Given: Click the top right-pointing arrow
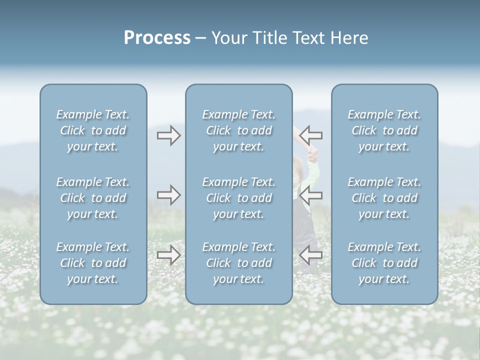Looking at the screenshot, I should pyautogui.click(x=168, y=135).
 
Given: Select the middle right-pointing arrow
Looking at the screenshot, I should pyautogui.click(x=168, y=195).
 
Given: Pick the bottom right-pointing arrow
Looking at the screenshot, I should pyautogui.click(x=168, y=255).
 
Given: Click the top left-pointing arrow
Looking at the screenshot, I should pyautogui.click(x=311, y=135).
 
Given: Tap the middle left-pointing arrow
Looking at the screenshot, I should pyautogui.click(x=311, y=195).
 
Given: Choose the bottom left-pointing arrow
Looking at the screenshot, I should pyautogui.click(x=311, y=255).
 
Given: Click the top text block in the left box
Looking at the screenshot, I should pyautogui.click(x=93, y=130).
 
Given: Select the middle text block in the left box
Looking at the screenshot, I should pyautogui.click(x=93, y=198).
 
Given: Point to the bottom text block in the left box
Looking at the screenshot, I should pyautogui.click(x=93, y=263).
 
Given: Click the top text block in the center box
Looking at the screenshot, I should pyautogui.click(x=238, y=130).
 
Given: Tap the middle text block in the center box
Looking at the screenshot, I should pyautogui.click(x=238, y=198).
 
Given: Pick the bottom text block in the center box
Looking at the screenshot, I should pyautogui.click(x=238, y=263).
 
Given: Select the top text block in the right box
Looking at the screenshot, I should pyautogui.click(x=384, y=130).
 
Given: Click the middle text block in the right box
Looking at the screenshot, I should pyautogui.click(x=384, y=198).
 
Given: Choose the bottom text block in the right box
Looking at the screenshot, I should pyautogui.click(x=384, y=263).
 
